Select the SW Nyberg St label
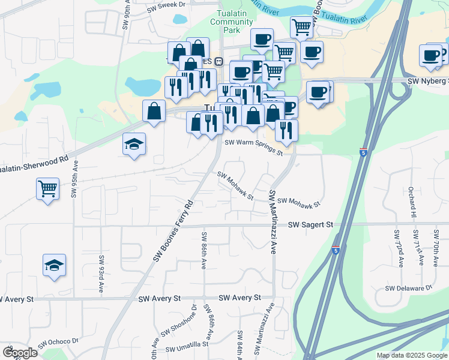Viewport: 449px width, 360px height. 427,81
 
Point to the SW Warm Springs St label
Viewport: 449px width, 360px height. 253,147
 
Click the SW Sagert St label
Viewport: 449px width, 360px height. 310,224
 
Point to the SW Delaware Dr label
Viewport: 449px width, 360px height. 409,288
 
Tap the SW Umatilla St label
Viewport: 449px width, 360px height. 186,346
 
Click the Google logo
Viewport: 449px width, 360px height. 20,352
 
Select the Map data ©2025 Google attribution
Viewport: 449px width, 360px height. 412,355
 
